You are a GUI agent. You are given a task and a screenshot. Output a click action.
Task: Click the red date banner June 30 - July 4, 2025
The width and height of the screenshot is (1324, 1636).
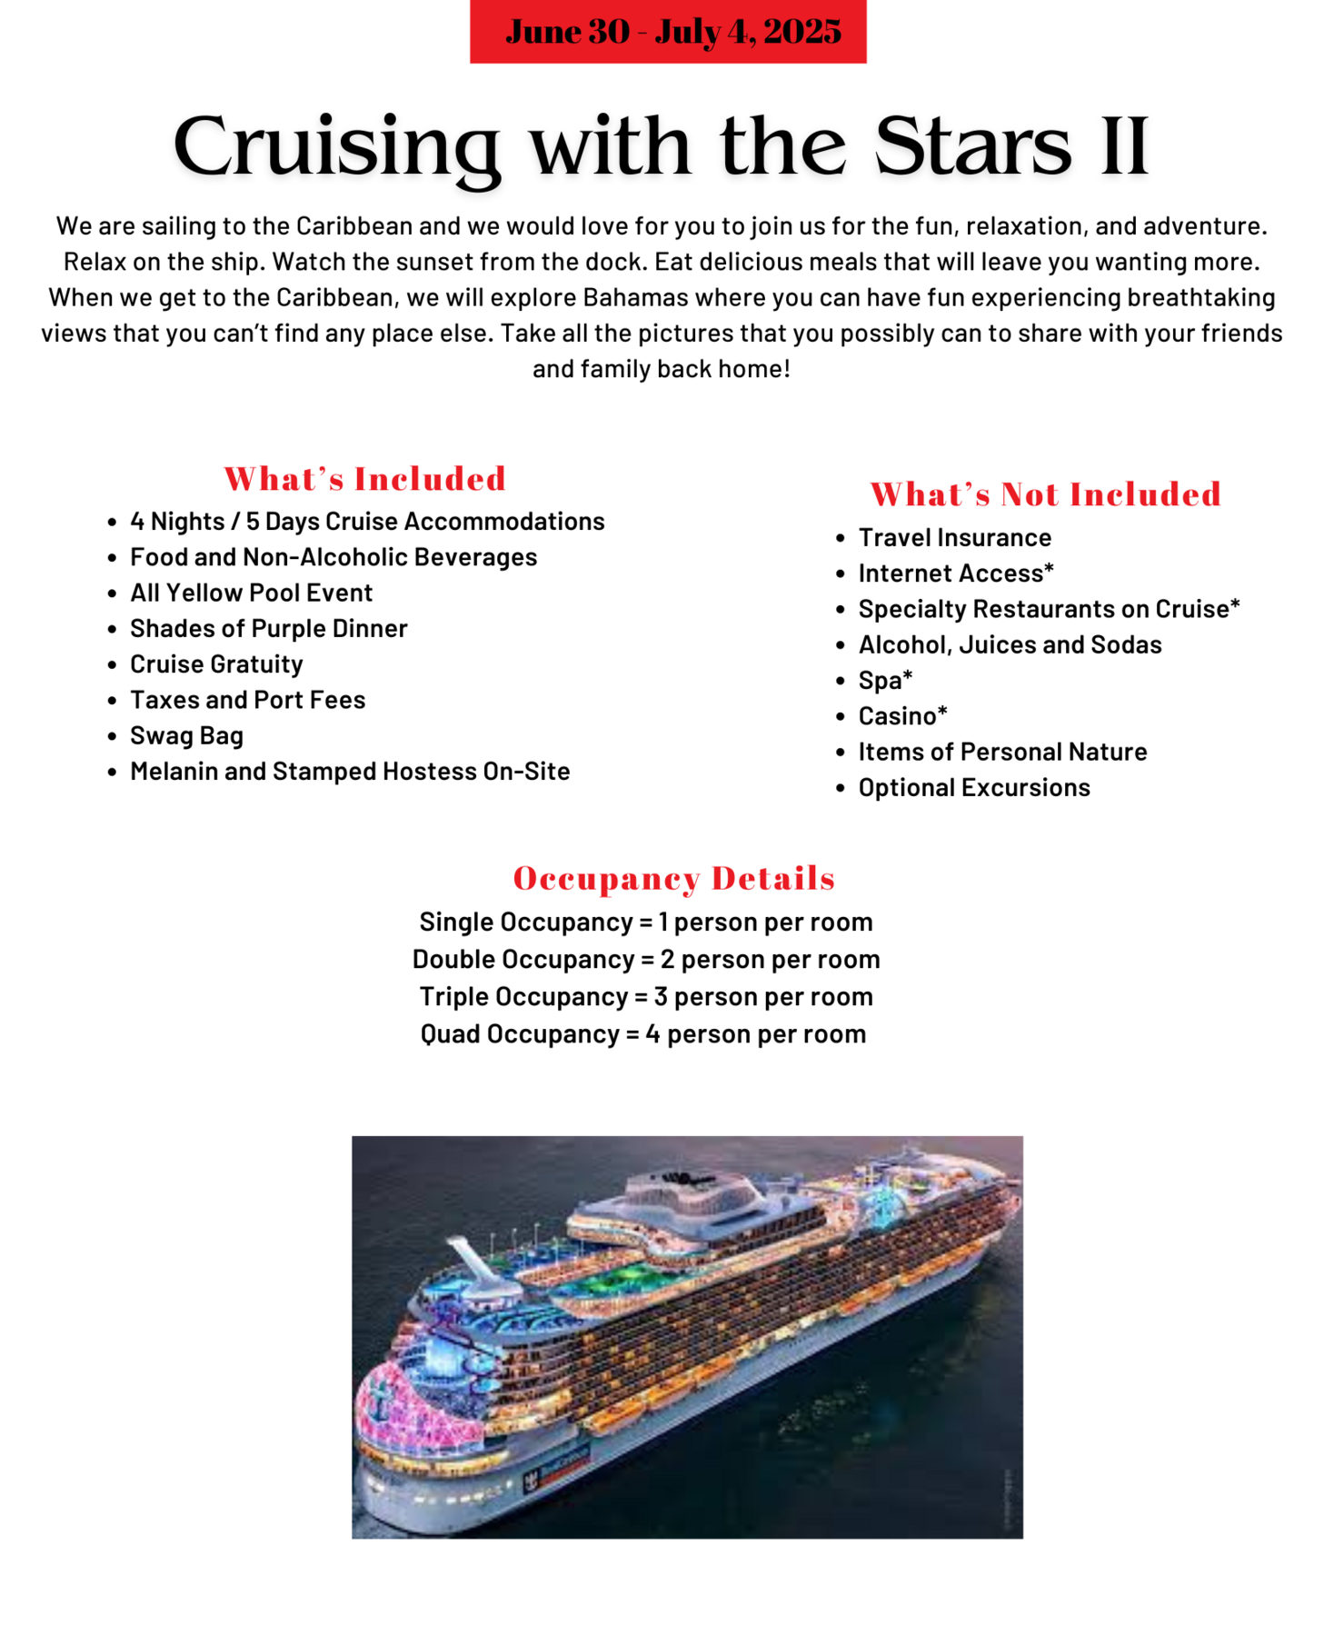tap(667, 32)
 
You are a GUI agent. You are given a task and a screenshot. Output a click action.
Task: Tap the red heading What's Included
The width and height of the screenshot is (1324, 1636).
tap(364, 479)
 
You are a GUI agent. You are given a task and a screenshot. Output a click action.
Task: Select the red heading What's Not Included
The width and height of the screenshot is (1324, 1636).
tap(1045, 494)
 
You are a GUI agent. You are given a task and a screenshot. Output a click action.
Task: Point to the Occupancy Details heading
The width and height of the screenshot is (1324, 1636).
tap(673, 878)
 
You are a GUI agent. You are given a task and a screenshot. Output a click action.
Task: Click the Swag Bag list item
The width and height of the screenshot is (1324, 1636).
tap(186, 735)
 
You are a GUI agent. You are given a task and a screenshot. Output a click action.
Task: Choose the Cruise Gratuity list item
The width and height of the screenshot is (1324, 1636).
tap(216, 664)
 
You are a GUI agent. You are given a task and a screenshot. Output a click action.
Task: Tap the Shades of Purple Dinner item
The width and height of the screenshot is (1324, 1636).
tap(268, 628)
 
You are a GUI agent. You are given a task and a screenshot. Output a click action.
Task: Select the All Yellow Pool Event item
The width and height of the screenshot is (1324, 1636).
tap(251, 593)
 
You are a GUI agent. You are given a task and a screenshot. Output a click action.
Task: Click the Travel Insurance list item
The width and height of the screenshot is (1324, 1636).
tap(954, 537)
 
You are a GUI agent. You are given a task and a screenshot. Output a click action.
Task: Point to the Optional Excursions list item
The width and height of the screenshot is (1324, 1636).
tap(973, 787)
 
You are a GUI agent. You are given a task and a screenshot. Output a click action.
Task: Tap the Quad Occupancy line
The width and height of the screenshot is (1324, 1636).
tap(642, 1034)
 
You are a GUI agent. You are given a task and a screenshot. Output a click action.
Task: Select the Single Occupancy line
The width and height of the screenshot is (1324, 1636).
tap(645, 922)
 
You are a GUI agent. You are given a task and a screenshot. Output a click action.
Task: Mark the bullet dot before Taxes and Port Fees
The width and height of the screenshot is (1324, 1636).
tap(112, 701)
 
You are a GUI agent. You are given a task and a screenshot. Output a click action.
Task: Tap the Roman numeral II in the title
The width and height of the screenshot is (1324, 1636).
tap(1124, 146)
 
